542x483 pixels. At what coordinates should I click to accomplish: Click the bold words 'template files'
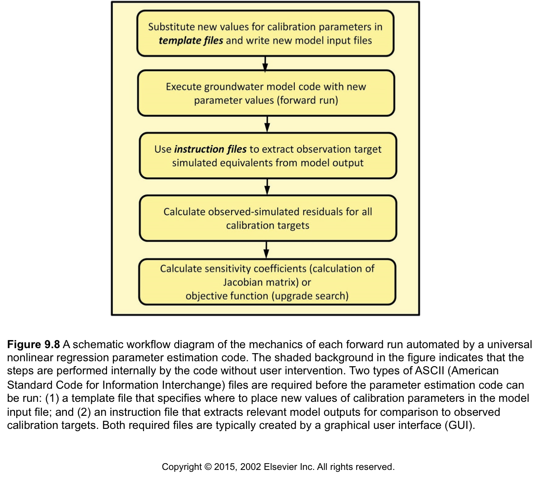pyautogui.click(x=191, y=41)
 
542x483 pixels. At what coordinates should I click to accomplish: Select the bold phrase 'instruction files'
pyautogui.click(x=210, y=149)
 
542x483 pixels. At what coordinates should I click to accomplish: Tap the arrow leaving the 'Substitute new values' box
pyautogui.click(x=265, y=64)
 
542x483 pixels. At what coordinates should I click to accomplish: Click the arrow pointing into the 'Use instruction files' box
pyautogui.click(x=267, y=124)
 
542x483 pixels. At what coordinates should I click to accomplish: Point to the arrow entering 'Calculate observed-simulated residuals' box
pyautogui.click(x=267, y=187)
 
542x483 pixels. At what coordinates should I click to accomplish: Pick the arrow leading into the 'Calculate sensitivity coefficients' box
pyautogui.click(x=266, y=250)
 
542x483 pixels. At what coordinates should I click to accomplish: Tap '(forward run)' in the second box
pyautogui.click(x=307, y=101)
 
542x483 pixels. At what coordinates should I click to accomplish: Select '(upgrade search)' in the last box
pyautogui.click(x=310, y=296)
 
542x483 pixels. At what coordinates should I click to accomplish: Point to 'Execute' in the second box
pyautogui.click(x=183, y=87)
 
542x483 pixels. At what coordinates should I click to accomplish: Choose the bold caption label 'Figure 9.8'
pyautogui.click(x=33, y=344)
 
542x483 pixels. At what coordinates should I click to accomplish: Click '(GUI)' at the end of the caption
pyautogui.click(x=460, y=425)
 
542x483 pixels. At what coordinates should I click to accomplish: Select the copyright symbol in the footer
pyautogui.click(x=208, y=467)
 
